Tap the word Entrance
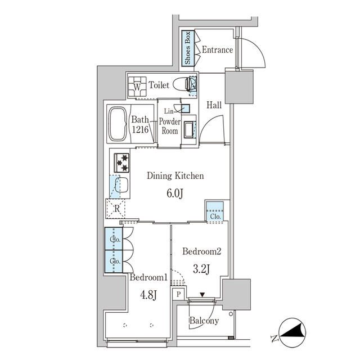217,49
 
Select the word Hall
213,105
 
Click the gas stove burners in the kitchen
122,162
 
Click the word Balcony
203,321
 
